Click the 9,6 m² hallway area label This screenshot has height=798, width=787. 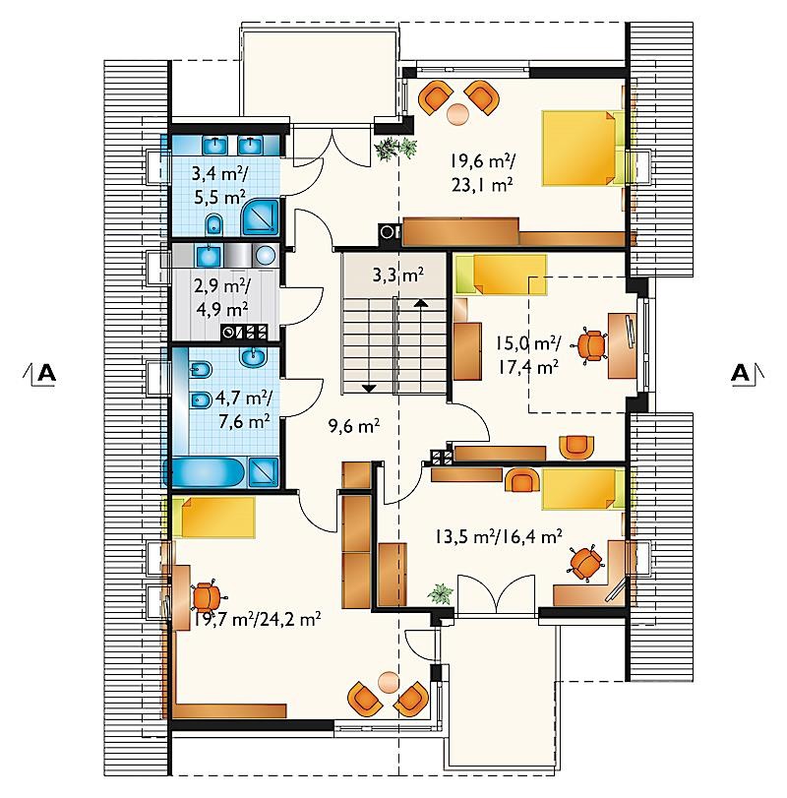(354, 426)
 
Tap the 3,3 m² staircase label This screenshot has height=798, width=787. (398, 276)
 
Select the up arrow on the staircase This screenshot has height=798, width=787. (420, 302)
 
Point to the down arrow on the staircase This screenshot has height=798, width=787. (369, 389)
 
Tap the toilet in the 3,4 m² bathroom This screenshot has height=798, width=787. (214, 224)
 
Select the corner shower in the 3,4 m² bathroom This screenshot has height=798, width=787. (261, 217)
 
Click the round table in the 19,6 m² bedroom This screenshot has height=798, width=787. (458, 114)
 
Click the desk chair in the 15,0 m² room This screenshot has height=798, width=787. (590, 345)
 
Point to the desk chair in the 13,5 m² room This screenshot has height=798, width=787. (584, 563)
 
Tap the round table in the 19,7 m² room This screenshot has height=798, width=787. (389, 681)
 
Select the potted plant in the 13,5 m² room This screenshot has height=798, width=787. (440, 593)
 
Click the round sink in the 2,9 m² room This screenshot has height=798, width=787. (265, 255)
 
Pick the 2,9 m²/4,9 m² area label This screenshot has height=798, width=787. (221, 297)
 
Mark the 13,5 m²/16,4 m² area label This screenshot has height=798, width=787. (499, 535)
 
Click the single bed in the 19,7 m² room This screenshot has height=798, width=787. (213, 518)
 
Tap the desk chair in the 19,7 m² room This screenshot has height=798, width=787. (206, 597)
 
